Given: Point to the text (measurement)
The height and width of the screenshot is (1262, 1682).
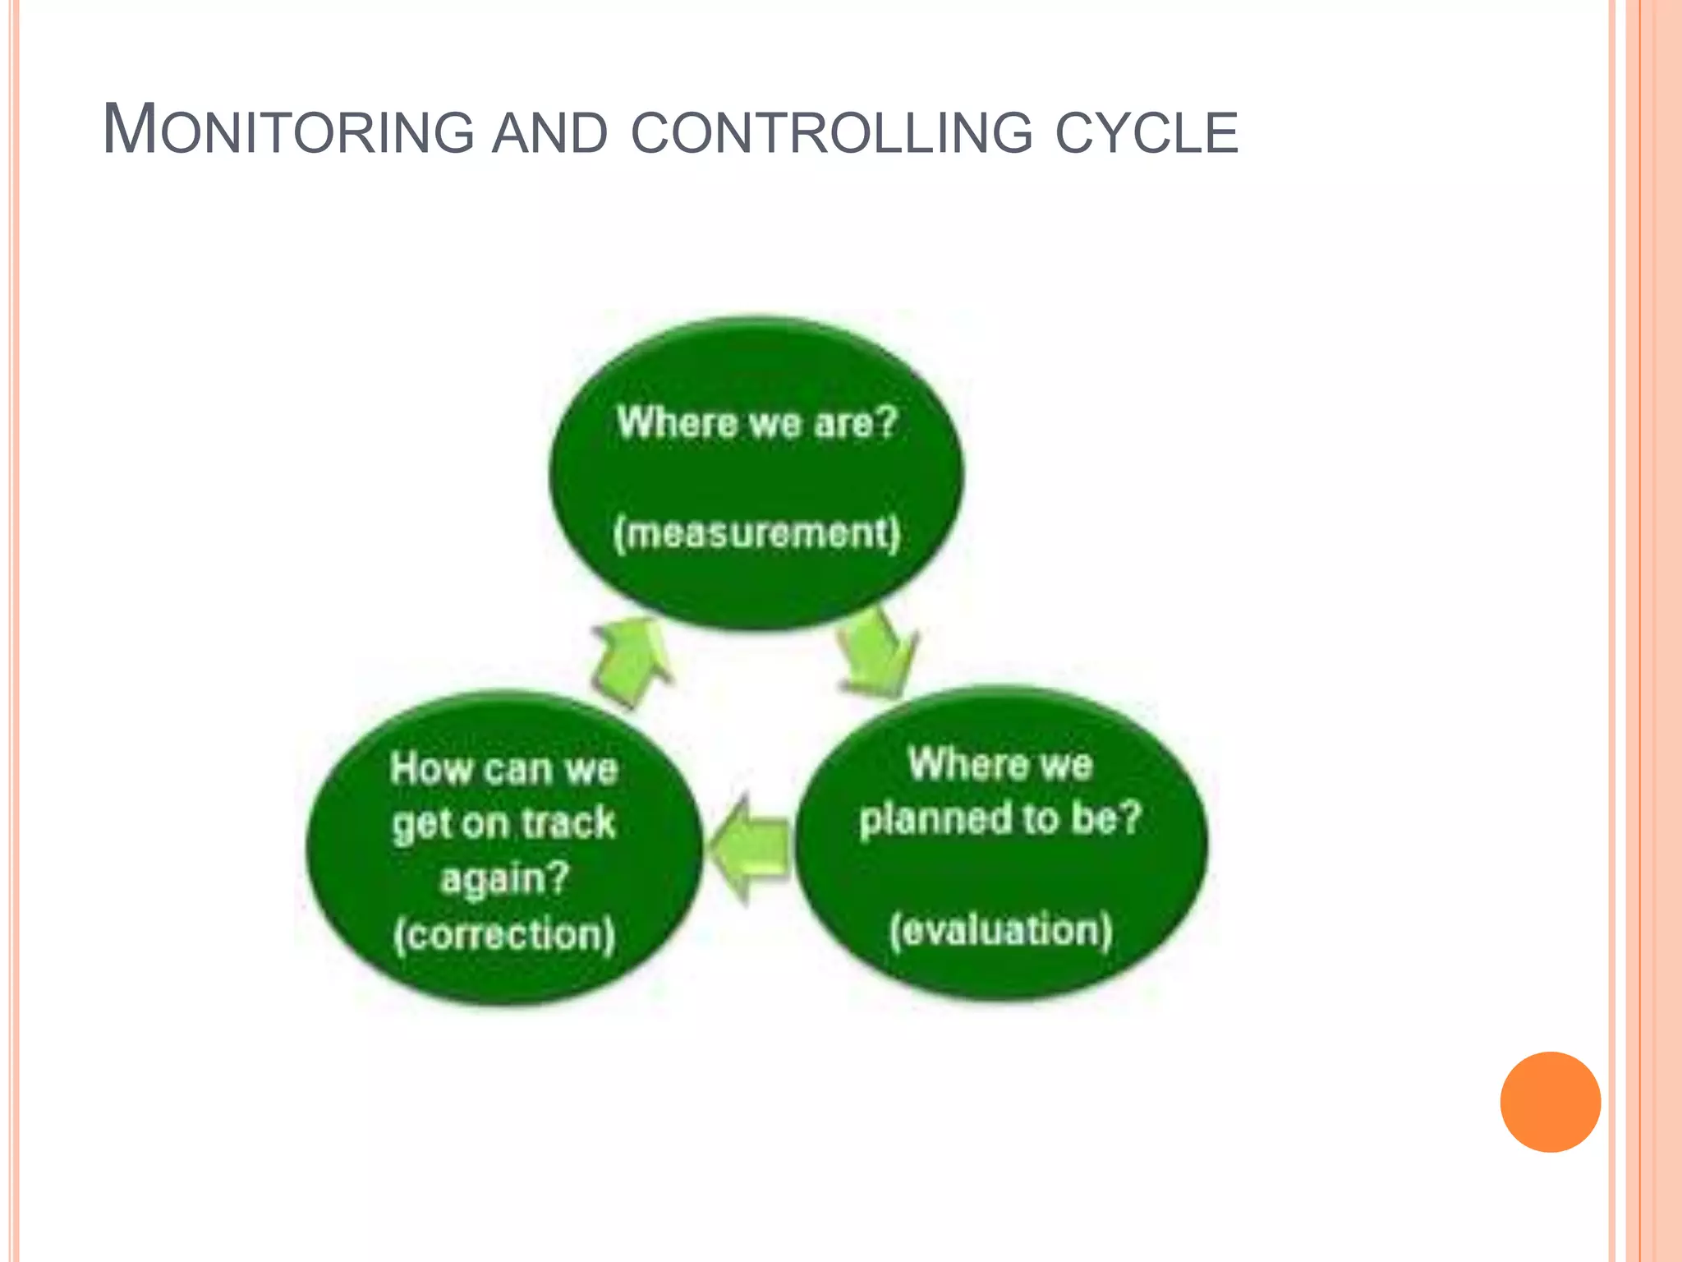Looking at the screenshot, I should point(756,533).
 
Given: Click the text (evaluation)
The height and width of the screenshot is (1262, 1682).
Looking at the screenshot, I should point(1000,930).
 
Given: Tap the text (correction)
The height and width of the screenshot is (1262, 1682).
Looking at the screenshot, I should point(503,934).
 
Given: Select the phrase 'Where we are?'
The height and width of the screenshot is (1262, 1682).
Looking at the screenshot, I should point(756,422).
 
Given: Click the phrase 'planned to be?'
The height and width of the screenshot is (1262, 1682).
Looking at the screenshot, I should point(1000,818).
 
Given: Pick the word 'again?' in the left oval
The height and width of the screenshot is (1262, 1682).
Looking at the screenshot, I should point(504,878).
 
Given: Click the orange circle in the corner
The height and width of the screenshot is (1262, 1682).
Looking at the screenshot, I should point(1550,1102).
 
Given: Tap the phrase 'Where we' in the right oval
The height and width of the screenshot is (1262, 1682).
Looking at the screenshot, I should point(1000,764).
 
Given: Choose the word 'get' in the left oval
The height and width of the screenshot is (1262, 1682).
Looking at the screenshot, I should point(419,824).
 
